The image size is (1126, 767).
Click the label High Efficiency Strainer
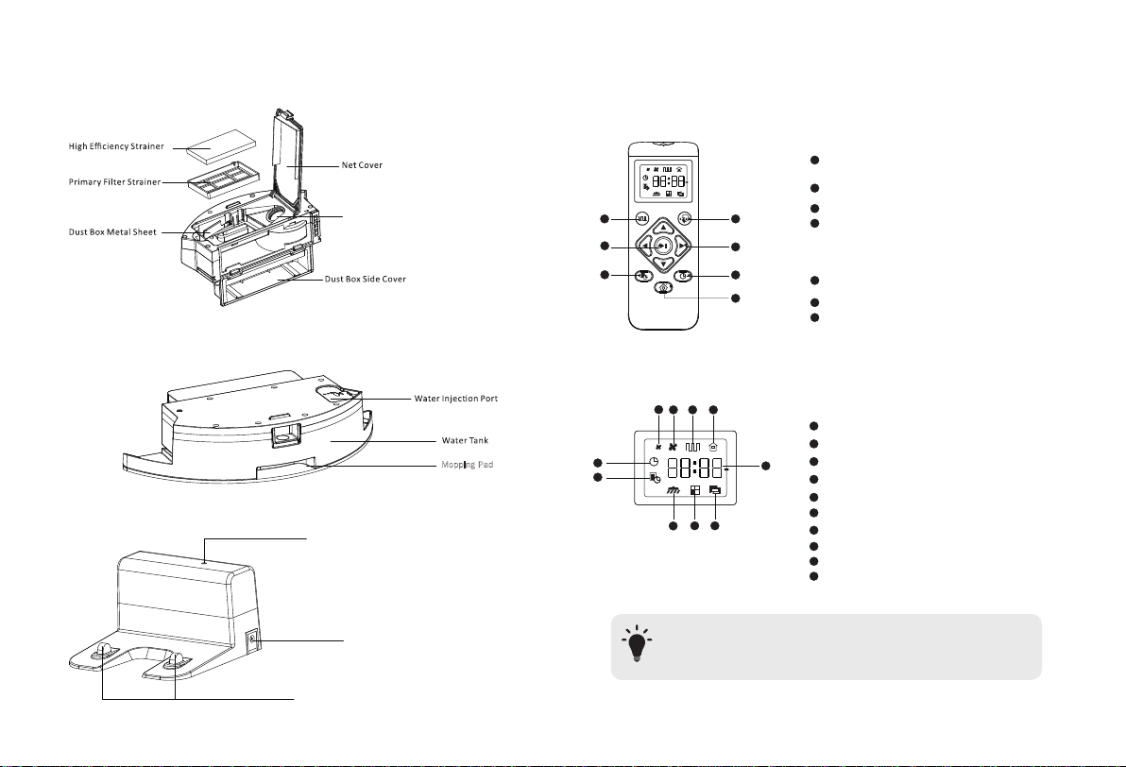pyautogui.click(x=116, y=146)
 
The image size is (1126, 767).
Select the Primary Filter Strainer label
pyautogui.click(x=115, y=182)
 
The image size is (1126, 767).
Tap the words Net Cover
pyautogui.click(x=362, y=165)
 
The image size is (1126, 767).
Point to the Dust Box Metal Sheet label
pyautogui.click(x=112, y=232)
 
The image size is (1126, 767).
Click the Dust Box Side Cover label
pyautogui.click(x=366, y=280)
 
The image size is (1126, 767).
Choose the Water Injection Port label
pyautogui.click(x=456, y=399)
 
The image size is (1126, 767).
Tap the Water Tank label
pyautogui.click(x=466, y=441)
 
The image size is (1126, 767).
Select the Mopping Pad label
pyautogui.click(x=468, y=466)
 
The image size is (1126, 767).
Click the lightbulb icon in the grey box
pyautogui.click(x=636, y=643)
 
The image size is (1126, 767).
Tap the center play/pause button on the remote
pyautogui.click(x=663, y=246)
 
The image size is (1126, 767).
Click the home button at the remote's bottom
pyautogui.click(x=663, y=288)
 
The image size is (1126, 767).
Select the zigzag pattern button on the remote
pyautogui.click(x=642, y=218)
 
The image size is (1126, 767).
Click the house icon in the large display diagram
pyautogui.click(x=713, y=446)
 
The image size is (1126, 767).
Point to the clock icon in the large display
pyautogui.click(x=654, y=462)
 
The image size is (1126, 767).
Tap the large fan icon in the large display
pyautogui.click(x=674, y=446)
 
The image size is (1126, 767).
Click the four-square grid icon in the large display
pyautogui.click(x=694, y=490)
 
